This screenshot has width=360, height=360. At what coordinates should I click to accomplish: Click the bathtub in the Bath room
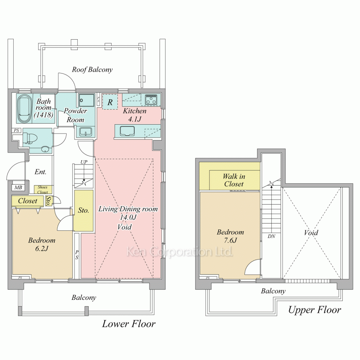point(24,108)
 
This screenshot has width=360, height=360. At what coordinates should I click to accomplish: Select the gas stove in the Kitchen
point(151,99)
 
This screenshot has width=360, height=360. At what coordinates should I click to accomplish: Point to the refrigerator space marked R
point(110,102)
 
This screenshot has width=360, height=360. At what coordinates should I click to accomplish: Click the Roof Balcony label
point(92,69)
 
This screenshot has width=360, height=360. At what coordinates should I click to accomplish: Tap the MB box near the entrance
point(18,187)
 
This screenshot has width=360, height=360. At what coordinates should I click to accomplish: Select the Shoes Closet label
point(43,190)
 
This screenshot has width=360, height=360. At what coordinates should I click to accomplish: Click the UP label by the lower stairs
point(84,162)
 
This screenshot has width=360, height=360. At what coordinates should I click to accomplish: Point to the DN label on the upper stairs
point(271,236)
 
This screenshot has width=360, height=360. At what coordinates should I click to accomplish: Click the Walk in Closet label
point(234,180)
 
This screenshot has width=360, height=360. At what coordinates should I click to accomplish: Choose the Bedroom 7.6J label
point(230,236)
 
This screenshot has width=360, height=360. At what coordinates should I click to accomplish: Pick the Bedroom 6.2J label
point(42,244)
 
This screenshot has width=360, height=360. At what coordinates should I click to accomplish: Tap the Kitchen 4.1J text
point(135,115)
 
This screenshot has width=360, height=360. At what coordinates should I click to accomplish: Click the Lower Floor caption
point(129,324)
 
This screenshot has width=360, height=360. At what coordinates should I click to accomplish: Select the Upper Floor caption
point(315,310)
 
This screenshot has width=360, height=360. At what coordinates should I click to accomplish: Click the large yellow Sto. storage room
point(84,211)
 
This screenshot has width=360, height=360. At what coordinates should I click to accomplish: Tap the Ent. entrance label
point(40,172)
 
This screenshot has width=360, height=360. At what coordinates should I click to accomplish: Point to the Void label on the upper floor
point(311,233)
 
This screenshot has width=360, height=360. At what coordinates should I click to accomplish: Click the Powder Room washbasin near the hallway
point(85,132)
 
